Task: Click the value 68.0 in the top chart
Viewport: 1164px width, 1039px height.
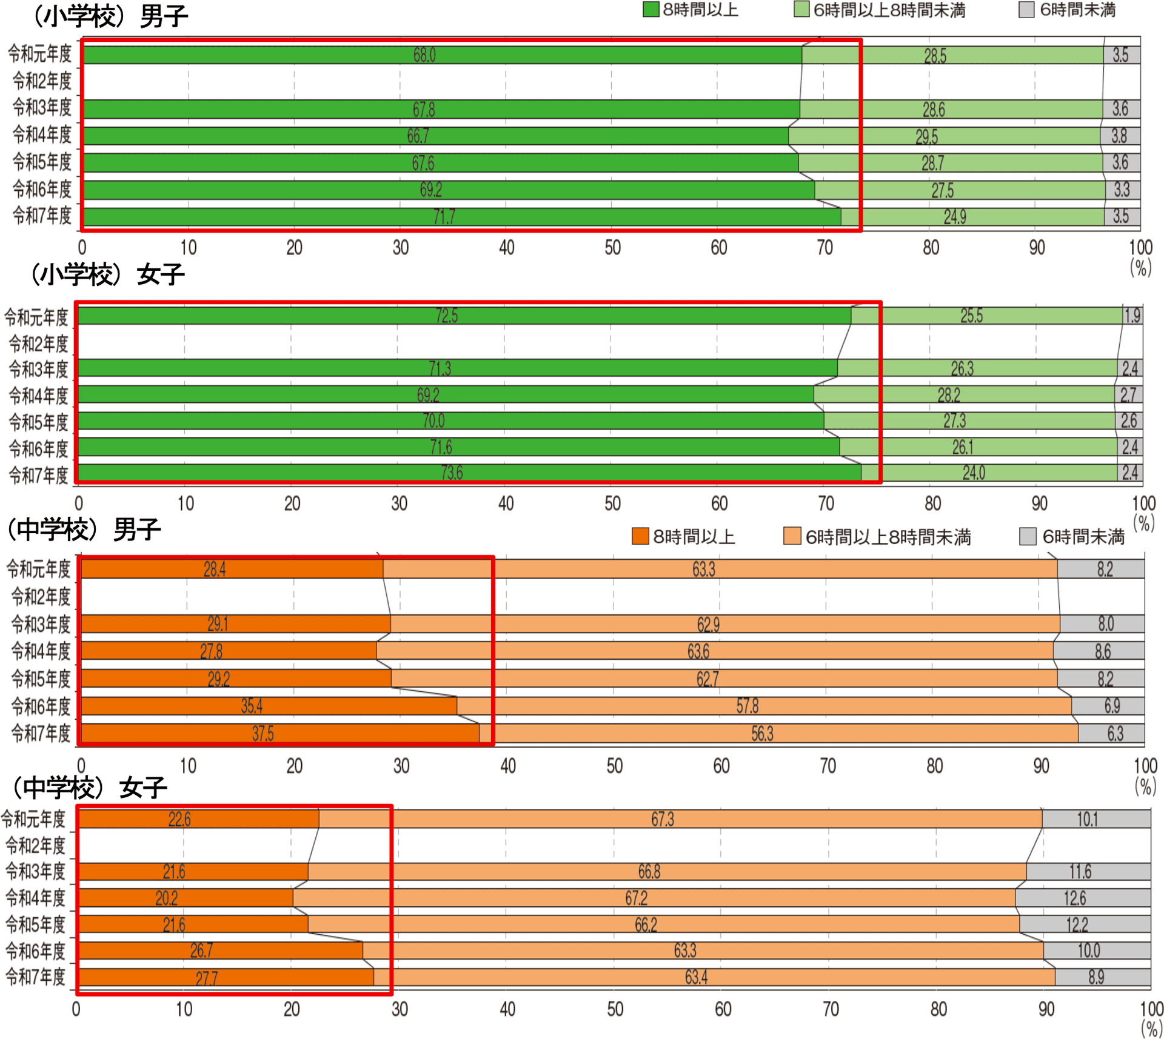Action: point(424,55)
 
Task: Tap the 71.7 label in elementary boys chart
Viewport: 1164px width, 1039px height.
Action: point(444,217)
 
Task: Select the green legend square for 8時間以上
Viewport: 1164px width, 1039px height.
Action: point(651,10)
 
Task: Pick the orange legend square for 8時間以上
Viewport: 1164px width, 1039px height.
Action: point(640,536)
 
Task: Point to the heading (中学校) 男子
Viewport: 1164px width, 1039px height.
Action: point(82,530)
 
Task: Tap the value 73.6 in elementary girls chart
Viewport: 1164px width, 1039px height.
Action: point(452,473)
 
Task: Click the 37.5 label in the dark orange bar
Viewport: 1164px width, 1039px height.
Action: point(263,734)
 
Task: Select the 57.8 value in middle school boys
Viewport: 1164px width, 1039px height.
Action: point(747,706)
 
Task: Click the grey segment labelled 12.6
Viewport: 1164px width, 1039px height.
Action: point(1075,898)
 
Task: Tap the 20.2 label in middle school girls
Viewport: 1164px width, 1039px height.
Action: point(167,898)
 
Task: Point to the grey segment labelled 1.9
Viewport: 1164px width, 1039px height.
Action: point(1132,316)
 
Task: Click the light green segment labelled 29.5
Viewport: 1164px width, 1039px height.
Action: point(926,136)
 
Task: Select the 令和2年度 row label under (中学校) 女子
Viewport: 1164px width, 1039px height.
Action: point(35,846)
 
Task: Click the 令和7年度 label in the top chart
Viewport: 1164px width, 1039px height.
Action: point(42,216)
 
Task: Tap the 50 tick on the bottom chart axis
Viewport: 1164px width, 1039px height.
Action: point(615,1009)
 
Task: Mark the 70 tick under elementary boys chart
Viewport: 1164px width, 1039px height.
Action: point(824,247)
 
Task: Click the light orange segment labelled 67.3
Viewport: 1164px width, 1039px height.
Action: point(662,819)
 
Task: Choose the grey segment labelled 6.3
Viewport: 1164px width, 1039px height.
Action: point(1115,734)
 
